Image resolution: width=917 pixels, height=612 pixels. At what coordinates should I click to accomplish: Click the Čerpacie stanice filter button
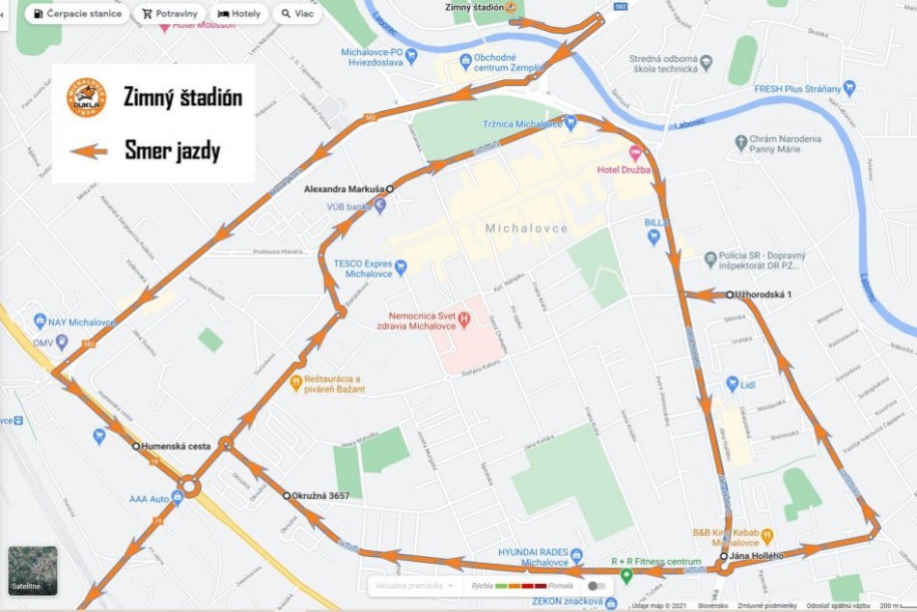click(76, 14)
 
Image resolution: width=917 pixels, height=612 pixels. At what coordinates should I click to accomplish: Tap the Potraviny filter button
click(169, 14)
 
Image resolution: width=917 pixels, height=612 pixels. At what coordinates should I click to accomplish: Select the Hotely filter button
click(239, 14)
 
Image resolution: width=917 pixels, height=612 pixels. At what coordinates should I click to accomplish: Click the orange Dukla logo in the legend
click(86, 98)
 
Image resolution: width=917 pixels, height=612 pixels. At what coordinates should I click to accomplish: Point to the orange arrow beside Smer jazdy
click(87, 151)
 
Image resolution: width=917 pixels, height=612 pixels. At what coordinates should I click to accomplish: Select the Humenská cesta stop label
click(175, 446)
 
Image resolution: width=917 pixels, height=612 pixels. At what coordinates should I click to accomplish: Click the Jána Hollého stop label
click(757, 556)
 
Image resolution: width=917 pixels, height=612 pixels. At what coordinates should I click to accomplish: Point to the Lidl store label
click(747, 384)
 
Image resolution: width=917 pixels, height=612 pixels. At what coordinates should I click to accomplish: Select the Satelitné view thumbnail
click(33, 570)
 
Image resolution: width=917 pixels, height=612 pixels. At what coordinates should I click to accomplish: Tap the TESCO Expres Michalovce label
click(363, 267)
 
